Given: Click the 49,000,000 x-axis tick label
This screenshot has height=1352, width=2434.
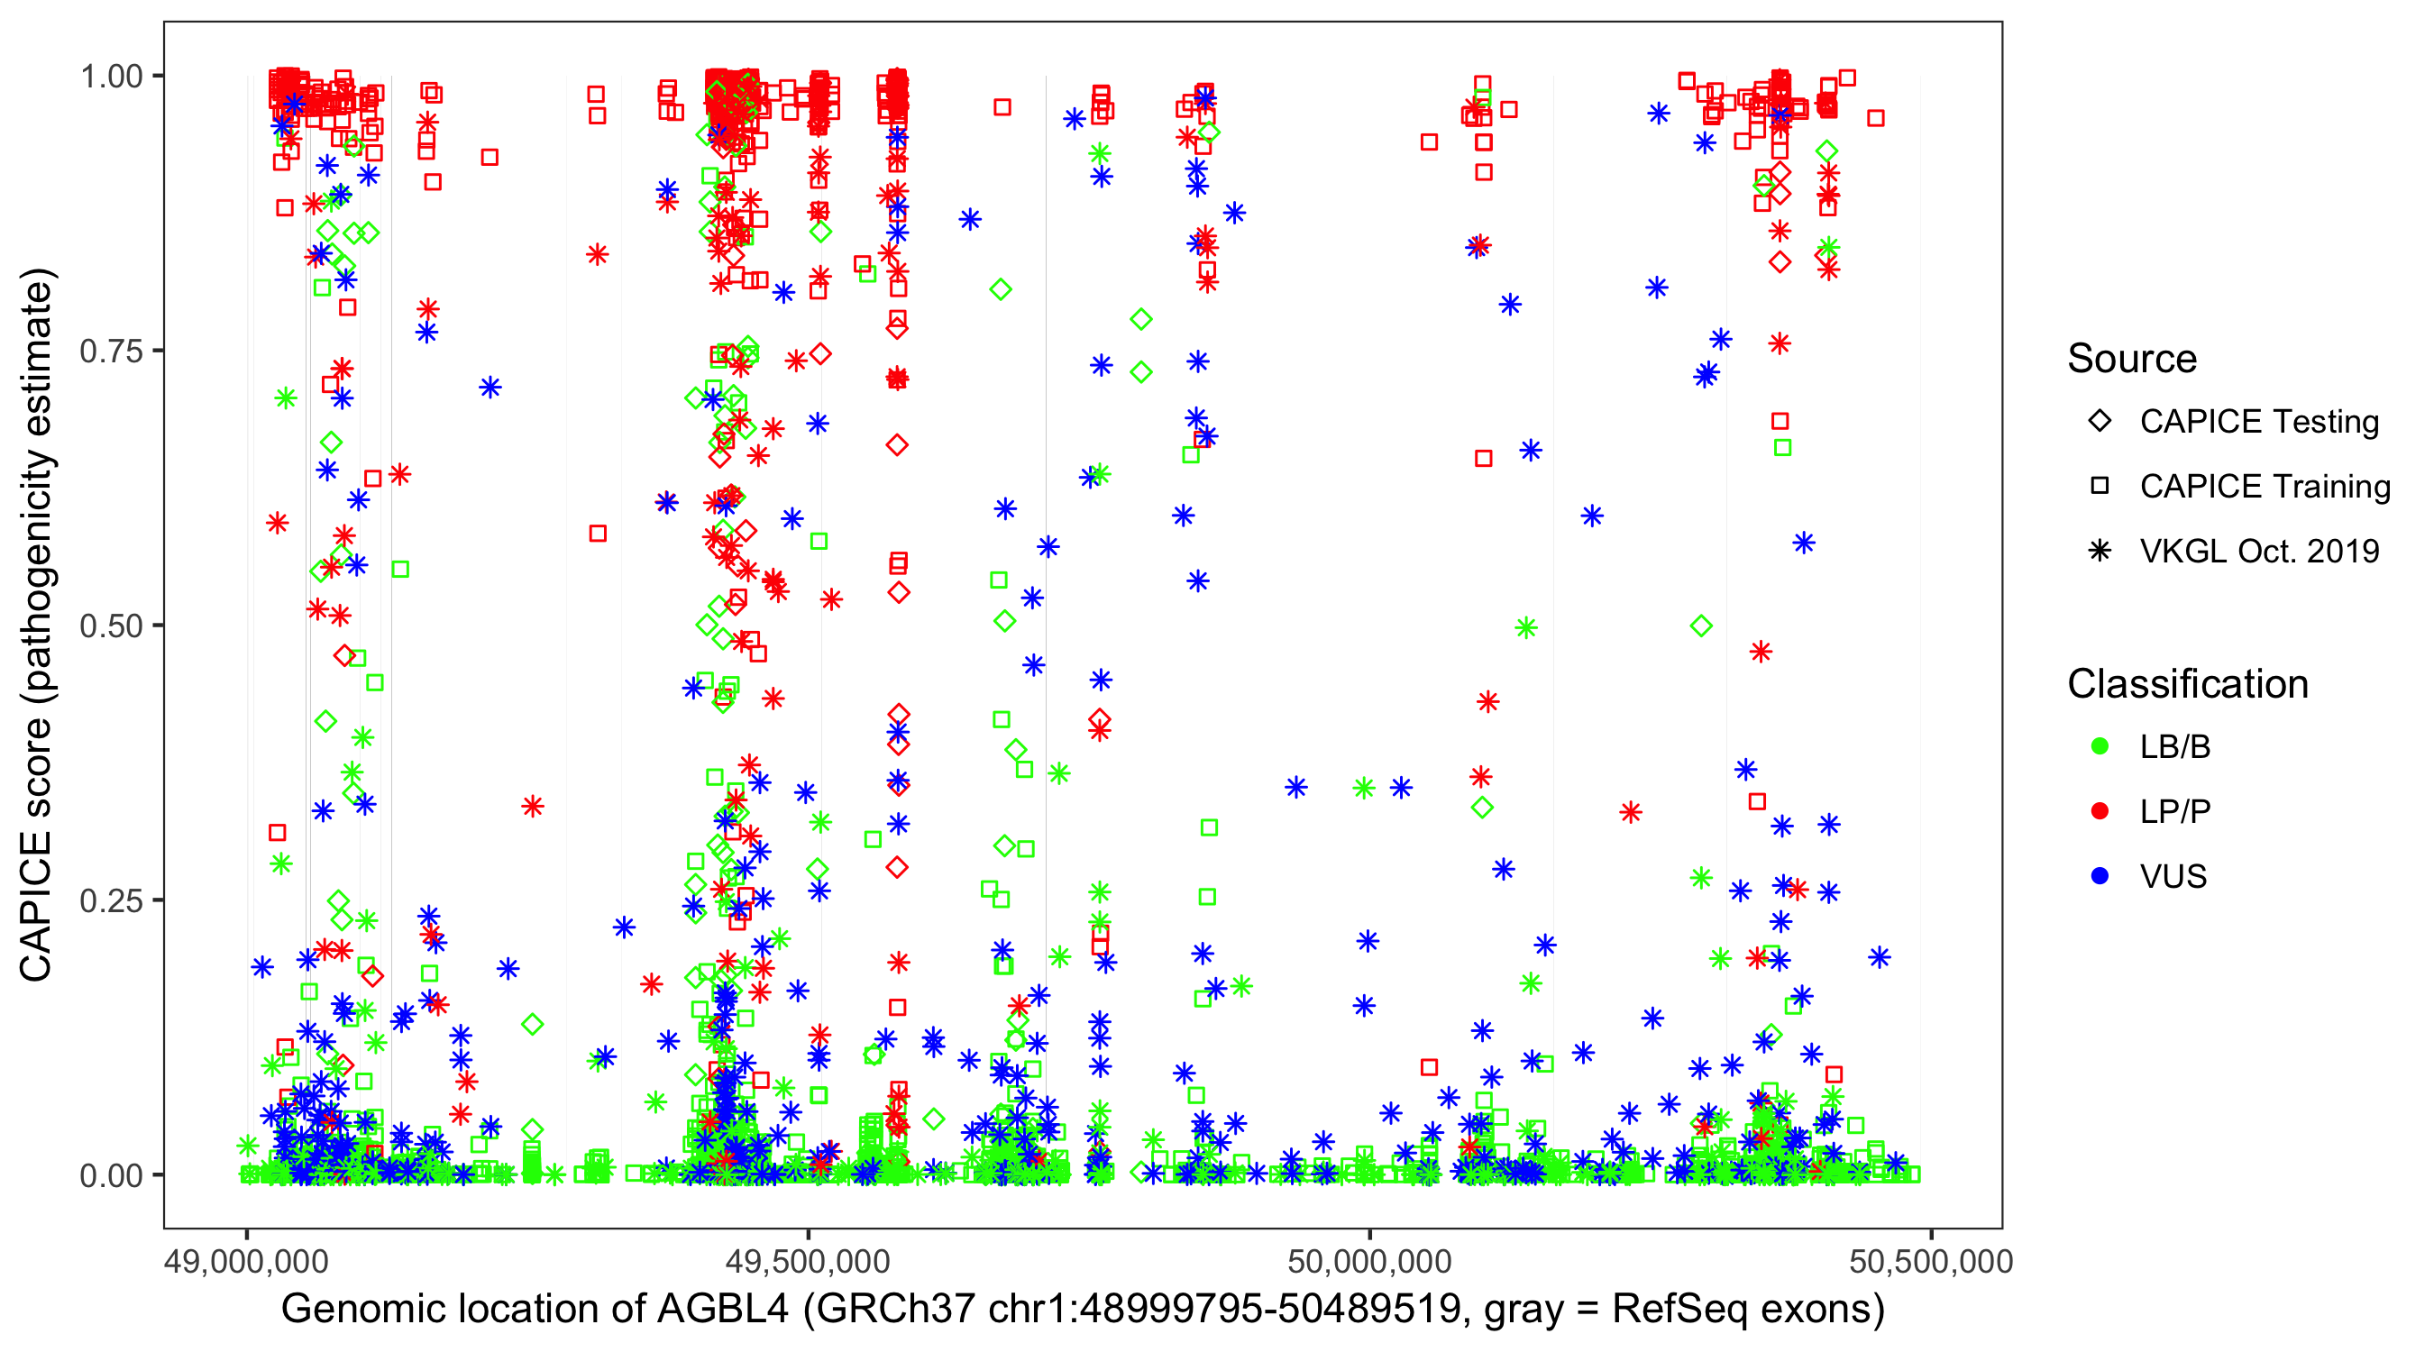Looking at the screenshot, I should point(247,1261).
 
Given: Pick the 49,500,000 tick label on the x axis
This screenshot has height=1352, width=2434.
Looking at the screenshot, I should point(808,1261).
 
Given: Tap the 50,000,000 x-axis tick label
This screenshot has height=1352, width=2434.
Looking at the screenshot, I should point(1369,1261).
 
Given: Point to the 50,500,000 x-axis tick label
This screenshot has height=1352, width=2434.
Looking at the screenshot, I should point(1930,1261).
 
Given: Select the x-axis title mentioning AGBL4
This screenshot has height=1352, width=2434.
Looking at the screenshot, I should point(1083,1310).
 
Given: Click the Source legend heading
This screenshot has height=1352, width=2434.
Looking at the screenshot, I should point(2132,359).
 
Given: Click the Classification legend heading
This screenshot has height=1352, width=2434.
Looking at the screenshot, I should point(2187,684).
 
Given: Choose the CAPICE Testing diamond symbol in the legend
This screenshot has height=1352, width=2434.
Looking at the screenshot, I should point(2100,422).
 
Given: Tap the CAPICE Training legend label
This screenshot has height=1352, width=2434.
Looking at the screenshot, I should point(2265,487).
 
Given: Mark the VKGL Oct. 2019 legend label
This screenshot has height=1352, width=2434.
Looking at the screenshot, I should point(2259,552).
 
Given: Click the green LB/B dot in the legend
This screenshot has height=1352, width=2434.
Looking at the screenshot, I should point(2100,747).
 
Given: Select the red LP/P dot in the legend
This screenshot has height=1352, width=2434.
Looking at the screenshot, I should point(2100,811).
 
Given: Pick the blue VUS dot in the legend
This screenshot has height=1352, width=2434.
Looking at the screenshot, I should point(2100,877).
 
